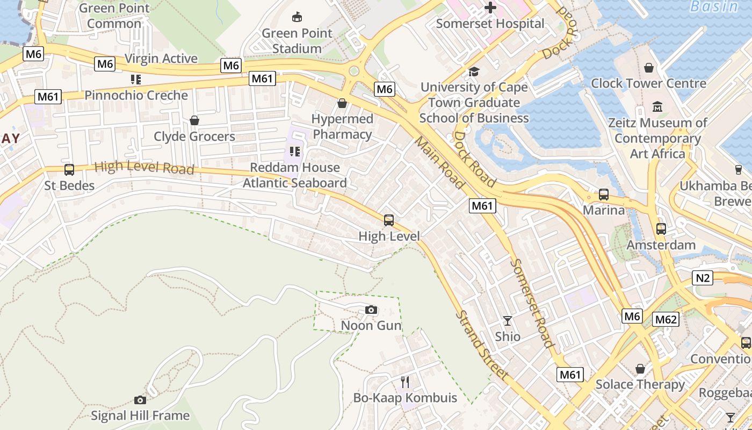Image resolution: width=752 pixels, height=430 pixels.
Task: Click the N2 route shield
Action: click(703, 278)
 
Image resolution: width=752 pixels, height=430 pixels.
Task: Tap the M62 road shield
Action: click(666, 320)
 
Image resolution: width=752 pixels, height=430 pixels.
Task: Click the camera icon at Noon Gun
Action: click(371, 310)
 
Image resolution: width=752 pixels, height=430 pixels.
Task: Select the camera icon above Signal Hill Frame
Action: click(140, 400)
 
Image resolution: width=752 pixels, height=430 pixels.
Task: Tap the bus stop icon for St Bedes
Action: click(69, 170)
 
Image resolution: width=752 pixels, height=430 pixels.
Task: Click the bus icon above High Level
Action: click(389, 220)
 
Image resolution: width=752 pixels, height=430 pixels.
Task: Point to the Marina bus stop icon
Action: click(604, 195)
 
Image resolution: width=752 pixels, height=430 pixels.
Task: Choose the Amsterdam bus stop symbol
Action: click(661, 229)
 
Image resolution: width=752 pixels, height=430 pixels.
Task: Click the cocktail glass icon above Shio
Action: click(508, 321)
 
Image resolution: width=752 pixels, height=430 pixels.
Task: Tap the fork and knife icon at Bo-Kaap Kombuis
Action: click(405, 382)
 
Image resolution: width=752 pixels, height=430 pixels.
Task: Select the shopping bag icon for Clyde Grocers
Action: click(194, 120)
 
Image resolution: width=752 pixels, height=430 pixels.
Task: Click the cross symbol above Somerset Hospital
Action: click(490, 8)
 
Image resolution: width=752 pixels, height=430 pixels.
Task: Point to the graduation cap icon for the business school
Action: click(474, 71)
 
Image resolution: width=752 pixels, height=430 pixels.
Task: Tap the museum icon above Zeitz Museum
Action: click(657, 106)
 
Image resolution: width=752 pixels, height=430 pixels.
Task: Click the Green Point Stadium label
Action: click(297, 41)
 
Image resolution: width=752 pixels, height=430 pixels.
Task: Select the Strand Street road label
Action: click(482, 345)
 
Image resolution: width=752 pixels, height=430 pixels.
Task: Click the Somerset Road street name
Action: click(531, 303)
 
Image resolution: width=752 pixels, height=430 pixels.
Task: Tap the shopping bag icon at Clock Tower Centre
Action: click(649, 68)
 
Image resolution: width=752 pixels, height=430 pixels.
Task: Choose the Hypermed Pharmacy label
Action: click(342, 126)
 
